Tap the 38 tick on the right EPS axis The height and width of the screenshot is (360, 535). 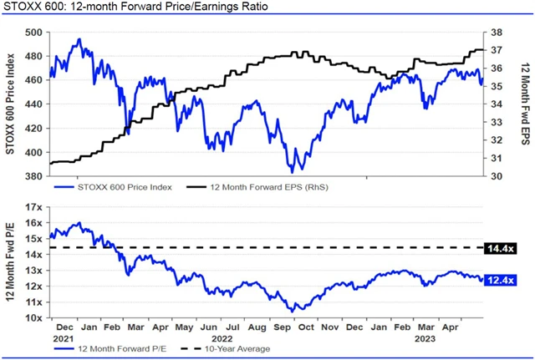[494, 33]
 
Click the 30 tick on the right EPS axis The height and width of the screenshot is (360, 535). [494, 176]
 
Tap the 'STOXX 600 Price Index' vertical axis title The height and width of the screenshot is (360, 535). [11, 104]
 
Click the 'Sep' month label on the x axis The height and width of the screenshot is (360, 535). [284, 328]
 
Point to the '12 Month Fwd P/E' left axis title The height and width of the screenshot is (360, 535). [11, 261]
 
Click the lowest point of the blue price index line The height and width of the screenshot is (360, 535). [293, 170]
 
